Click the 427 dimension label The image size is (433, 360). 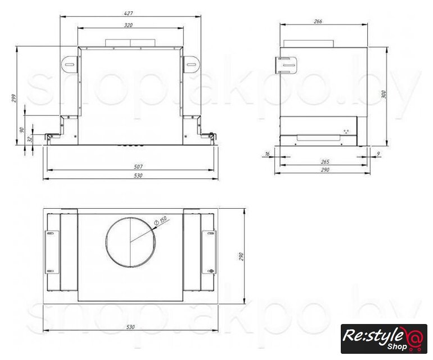click(x=129, y=13)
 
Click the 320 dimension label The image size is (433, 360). click(x=128, y=25)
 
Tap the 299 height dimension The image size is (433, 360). click(x=14, y=98)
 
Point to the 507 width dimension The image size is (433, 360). click(x=138, y=166)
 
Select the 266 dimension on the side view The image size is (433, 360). click(x=318, y=21)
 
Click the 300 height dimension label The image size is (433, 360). click(x=384, y=94)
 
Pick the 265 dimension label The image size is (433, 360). click(x=325, y=161)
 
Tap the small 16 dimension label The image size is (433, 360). click(x=267, y=154)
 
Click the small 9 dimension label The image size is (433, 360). click(x=378, y=154)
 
